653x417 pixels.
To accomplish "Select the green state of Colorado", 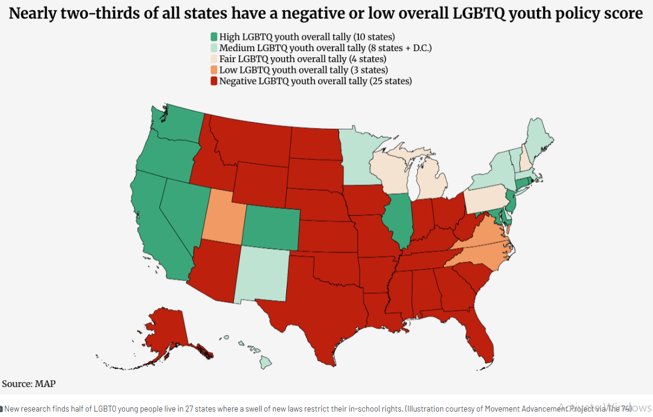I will coord(270,228).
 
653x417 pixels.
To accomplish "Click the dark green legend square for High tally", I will coord(213,37).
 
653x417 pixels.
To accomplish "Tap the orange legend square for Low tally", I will coord(213,70).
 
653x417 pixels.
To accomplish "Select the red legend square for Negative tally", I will coord(213,81).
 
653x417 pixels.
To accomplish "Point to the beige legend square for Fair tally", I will coord(213,59).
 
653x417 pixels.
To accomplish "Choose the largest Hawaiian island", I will coord(265,362).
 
